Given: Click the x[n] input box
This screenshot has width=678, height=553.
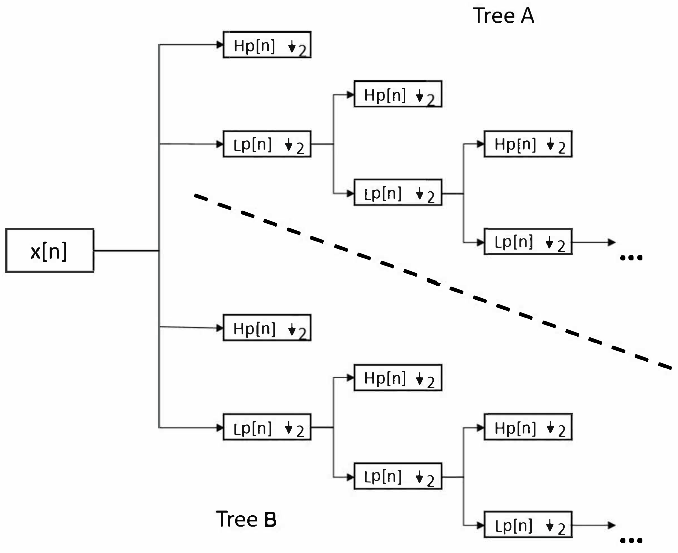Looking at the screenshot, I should pos(50,250).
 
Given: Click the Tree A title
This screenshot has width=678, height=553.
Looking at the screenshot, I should pos(503,16).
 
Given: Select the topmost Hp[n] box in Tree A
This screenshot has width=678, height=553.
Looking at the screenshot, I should pos(267,44).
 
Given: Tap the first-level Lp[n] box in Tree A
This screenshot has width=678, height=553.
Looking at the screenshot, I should pos(267,144).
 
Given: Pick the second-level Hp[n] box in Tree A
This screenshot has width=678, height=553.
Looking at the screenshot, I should pos(398,94).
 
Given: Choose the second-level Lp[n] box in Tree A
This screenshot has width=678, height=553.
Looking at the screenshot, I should pos(398,192).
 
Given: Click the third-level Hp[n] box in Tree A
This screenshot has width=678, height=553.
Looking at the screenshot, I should pos(528,144).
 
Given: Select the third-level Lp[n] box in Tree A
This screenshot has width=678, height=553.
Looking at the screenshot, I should pos(528,241).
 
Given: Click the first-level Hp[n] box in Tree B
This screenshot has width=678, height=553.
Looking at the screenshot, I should pos(267,328).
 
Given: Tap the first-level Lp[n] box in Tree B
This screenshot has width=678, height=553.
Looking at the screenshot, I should pos(267,427).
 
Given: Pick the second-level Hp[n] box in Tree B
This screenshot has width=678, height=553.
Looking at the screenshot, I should pos(398,378).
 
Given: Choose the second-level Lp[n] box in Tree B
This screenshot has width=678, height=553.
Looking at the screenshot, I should pos(398,476).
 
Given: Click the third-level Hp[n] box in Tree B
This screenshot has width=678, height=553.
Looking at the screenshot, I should pos(528,427).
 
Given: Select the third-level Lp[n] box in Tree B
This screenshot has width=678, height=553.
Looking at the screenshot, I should pos(528,525).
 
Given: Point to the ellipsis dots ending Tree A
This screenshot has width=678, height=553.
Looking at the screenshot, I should pos(631,258).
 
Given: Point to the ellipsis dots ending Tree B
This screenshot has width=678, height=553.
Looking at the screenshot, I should pos(631,540).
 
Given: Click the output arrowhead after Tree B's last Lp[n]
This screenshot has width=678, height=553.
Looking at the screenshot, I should pos(611,525).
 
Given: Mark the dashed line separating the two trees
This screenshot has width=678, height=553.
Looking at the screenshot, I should pos(433,282).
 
